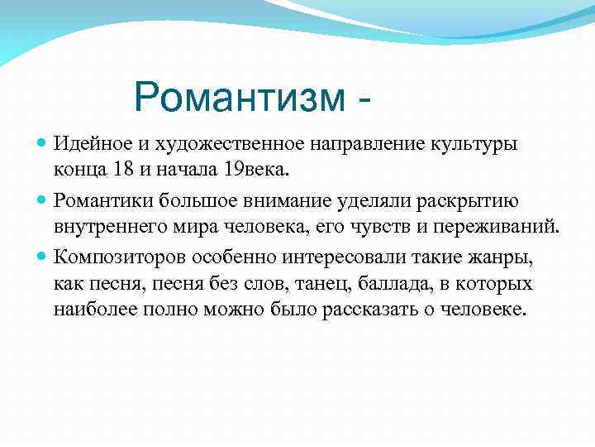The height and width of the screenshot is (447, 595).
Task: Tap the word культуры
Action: (474, 144)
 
